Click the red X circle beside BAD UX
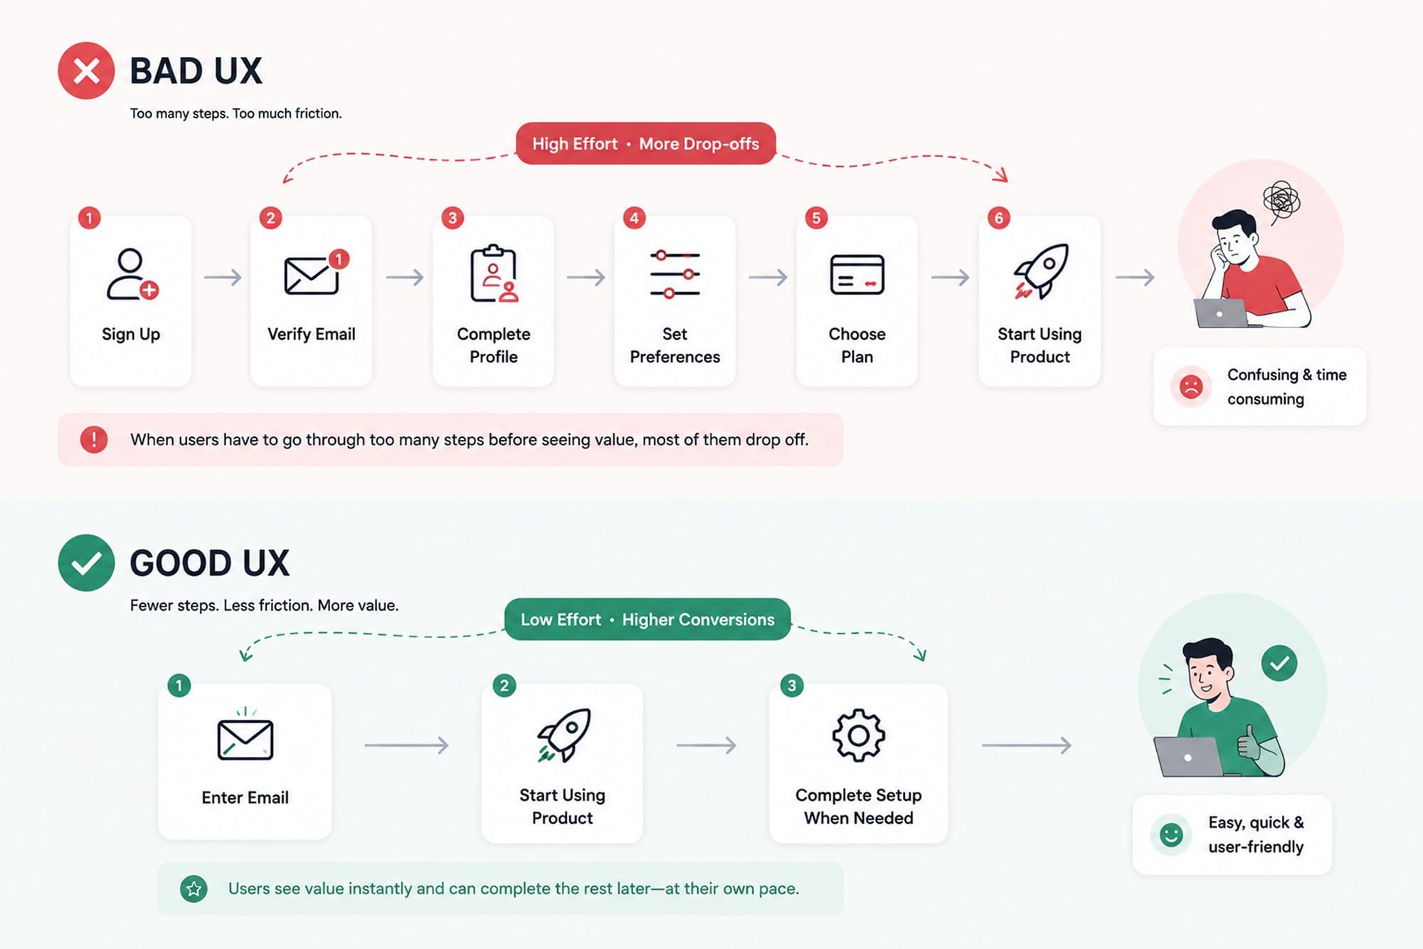[x=86, y=70]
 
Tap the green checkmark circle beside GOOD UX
[x=86, y=562]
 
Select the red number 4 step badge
[x=634, y=218]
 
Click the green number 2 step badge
[x=504, y=686]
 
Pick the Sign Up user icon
[x=132, y=274]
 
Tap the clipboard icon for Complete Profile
[x=494, y=274]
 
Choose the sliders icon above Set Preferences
[x=675, y=274]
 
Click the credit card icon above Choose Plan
[x=857, y=275]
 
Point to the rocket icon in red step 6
[x=1042, y=271]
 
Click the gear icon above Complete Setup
[x=859, y=735]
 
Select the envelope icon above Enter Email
[x=245, y=735]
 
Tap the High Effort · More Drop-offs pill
[x=645, y=144]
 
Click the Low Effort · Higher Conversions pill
[x=647, y=619]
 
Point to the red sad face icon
[x=1191, y=387]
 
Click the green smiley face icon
[x=1171, y=834]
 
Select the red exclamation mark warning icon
[x=94, y=439]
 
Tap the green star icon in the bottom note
[x=194, y=888]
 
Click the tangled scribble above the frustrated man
[x=1281, y=200]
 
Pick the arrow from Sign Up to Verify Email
[x=223, y=277]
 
